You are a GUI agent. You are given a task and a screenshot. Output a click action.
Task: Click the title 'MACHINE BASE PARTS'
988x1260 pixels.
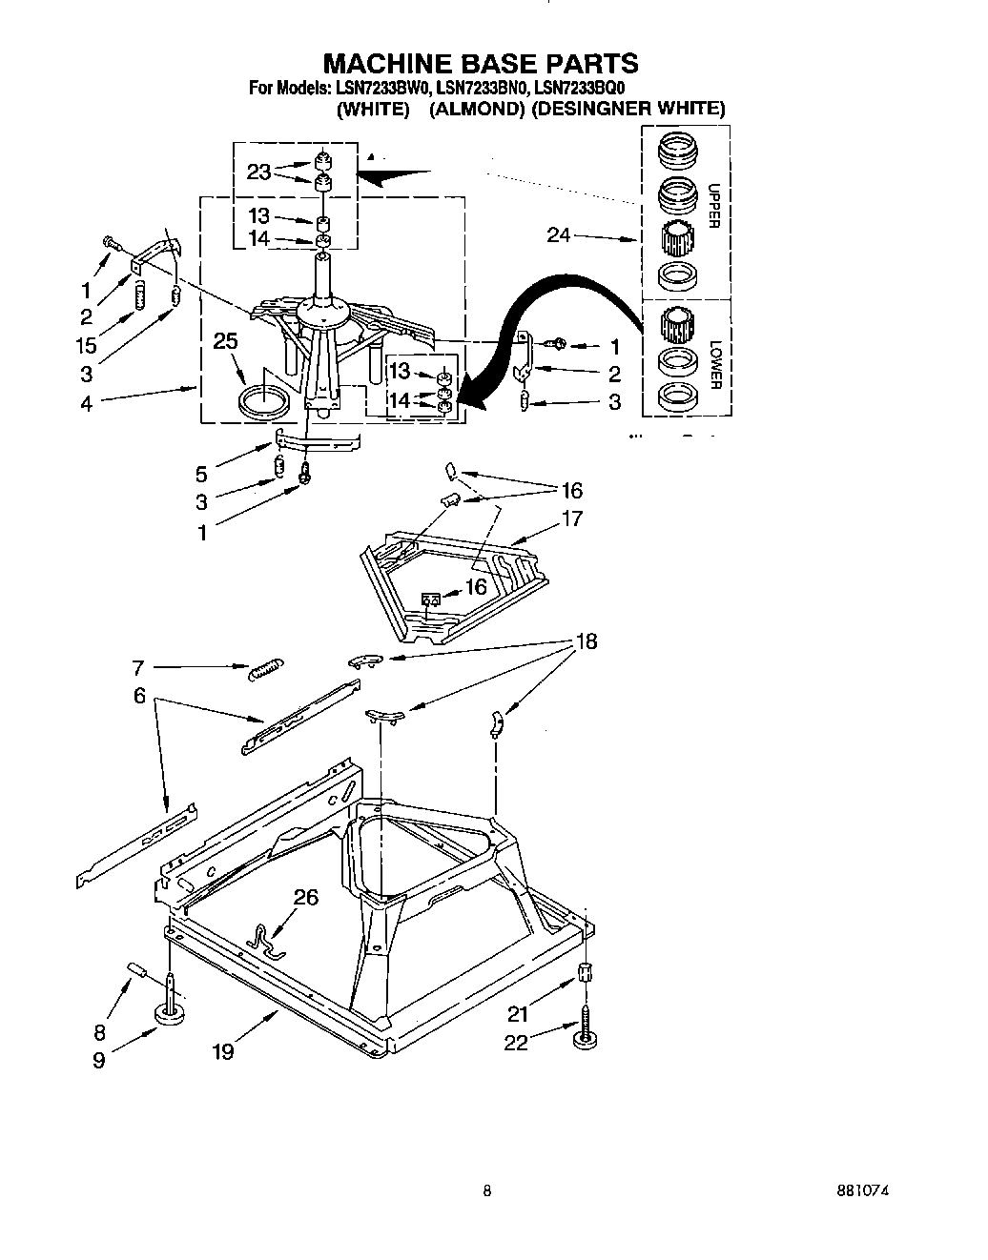481,63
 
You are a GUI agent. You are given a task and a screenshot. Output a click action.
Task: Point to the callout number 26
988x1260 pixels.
305,897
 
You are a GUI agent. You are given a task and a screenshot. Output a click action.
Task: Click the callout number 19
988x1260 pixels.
222,1051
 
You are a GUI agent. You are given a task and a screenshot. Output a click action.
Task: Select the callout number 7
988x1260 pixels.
137,667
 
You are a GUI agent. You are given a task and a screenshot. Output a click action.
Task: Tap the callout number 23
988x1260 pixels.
258,173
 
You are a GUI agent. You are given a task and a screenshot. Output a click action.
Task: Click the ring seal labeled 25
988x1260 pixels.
263,402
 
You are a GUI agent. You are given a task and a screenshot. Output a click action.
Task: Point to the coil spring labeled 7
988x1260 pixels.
261,670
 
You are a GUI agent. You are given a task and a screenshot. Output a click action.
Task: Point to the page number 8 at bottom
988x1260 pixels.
487,1190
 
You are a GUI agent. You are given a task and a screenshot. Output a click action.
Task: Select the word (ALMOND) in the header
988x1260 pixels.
476,109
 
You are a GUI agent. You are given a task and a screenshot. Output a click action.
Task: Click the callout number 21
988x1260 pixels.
518,1014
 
